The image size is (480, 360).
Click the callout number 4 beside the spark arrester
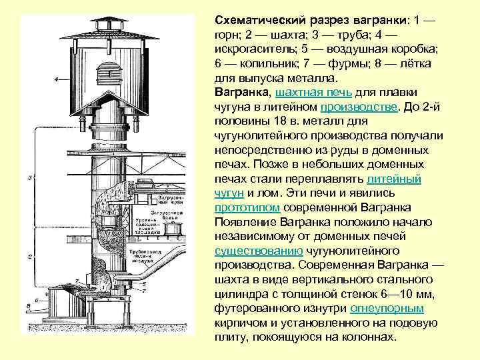pyautogui.click(x=57, y=79)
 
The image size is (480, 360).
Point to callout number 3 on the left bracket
pyautogui.click(x=31, y=178)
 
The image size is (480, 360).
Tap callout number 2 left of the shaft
pyautogui.click(x=31, y=256)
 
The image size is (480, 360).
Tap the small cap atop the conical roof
pyautogui.click(x=109, y=25)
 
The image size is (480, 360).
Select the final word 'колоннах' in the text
pyautogui.click(x=367, y=337)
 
